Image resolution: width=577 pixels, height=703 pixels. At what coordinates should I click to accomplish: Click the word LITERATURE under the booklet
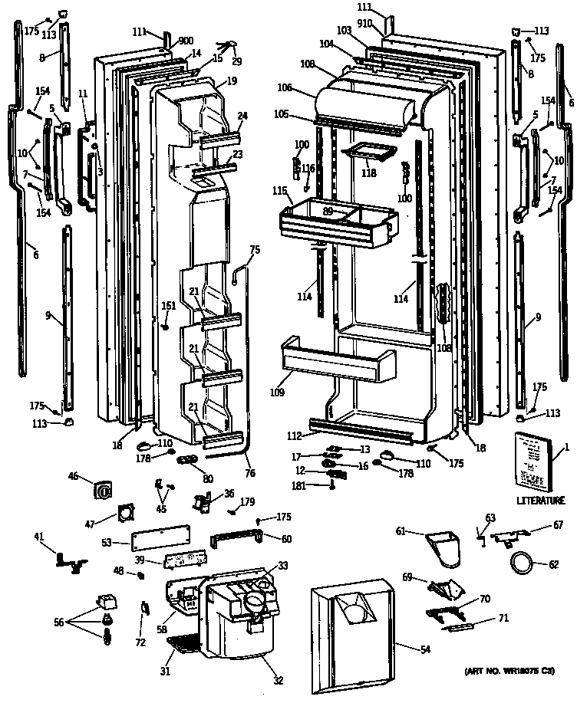[x=539, y=501]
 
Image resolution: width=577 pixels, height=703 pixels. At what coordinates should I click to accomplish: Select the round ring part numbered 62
[x=522, y=566]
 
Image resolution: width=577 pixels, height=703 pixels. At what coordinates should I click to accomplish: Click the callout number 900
[x=186, y=41]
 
